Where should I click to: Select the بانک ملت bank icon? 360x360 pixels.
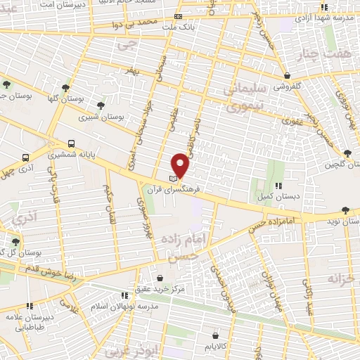pyautogui.click(x=178, y=16)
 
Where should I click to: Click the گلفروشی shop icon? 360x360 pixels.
pyautogui.click(x=287, y=75)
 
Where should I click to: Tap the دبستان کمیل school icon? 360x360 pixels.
pyautogui.click(x=278, y=186)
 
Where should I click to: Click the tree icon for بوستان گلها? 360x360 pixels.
pyautogui.click(x=65, y=88)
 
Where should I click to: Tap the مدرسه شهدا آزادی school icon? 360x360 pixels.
pyautogui.click(x=324, y=7)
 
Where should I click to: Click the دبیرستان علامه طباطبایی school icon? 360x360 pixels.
pyautogui.click(x=30, y=306)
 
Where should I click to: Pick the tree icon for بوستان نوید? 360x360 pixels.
pyautogui.click(x=345, y=210)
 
